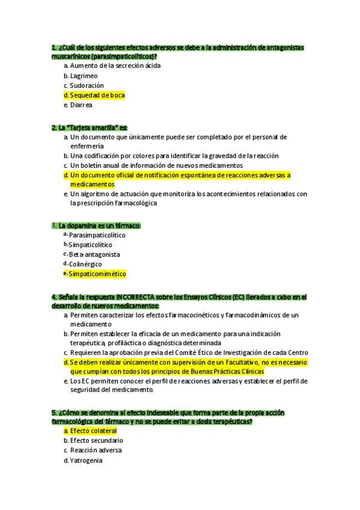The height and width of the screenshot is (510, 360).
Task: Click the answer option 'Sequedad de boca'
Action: tap(97, 95)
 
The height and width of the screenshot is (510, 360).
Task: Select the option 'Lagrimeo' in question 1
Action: tap(84, 76)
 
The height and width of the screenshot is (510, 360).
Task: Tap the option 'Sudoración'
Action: tap(87, 85)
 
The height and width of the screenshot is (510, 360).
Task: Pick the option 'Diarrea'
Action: tap(81, 105)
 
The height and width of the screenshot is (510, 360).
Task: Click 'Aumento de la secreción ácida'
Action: tap(115, 66)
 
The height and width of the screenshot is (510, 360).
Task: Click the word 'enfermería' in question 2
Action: tap(87, 146)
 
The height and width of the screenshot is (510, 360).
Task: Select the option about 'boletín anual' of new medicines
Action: tap(156, 165)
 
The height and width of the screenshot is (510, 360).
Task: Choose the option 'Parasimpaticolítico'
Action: tap(97, 235)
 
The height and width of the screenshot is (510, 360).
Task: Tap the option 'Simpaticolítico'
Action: tap(90, 245)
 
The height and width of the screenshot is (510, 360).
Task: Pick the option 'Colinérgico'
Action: tap(85, 264)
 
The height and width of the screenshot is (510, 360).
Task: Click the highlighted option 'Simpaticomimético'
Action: tap(97, 274)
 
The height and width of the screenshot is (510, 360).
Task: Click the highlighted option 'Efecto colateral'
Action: tap(93, 431)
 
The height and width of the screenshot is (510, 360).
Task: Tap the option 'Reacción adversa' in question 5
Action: tap(96, 450)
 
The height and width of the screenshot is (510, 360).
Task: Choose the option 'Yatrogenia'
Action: tap(86, 460)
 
